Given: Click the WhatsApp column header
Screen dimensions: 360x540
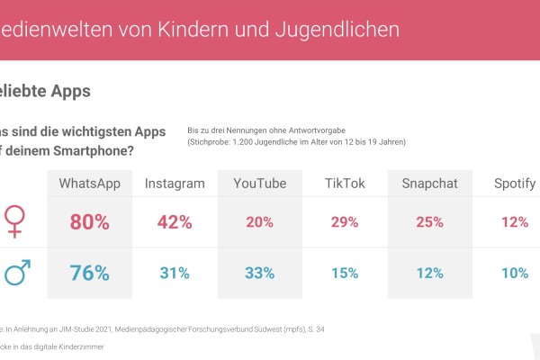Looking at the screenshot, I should pos(89,184).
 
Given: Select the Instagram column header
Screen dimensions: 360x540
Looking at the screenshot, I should pos(175,184).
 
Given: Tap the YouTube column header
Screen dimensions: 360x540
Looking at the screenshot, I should pos(260,184).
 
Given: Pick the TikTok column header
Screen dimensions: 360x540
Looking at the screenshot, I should pos(345,184).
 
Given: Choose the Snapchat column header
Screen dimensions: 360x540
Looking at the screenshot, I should pos(430,184).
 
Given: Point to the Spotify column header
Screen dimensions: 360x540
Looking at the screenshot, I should pos(515,184).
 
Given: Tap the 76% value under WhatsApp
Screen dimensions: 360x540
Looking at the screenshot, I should pos(89,273).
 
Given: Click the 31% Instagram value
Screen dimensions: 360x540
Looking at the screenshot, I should pos(175,273).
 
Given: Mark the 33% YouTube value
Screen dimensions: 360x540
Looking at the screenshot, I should pos(260,273).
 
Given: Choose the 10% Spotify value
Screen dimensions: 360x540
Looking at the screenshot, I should pos(515,273).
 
